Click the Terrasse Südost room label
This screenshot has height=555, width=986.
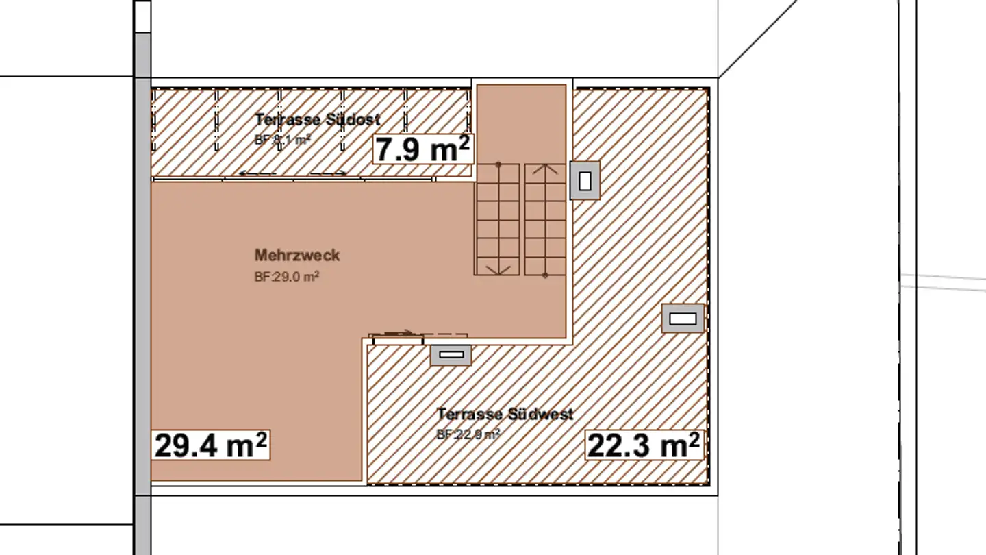(x=317, y=119)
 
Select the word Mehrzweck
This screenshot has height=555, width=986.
(x=296, y=256)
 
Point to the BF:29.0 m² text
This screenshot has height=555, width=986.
(x=286, y=277)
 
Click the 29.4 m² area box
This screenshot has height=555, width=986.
(x=210, y=445)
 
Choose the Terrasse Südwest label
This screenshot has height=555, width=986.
(x=505, y=415)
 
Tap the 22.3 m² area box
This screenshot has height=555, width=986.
(x=644, y=445)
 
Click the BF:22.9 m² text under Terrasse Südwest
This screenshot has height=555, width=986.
(x=468, y=434)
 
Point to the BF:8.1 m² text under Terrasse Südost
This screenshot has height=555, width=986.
(x=282, y=139)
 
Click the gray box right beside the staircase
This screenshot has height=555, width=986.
(x=585, y=181)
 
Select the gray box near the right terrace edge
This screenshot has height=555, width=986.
(x=682, y=319)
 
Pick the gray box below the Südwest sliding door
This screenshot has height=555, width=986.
(x=450, y=355)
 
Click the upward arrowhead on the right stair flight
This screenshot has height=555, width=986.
(x=545, y=168)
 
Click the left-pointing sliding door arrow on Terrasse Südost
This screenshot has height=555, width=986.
(x=257, y=174)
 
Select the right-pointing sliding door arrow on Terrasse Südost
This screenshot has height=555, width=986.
(x=329, y=174)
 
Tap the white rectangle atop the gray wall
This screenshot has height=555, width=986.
(x=142, y=16)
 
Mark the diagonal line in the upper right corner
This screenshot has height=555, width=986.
(x=757, y=39)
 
